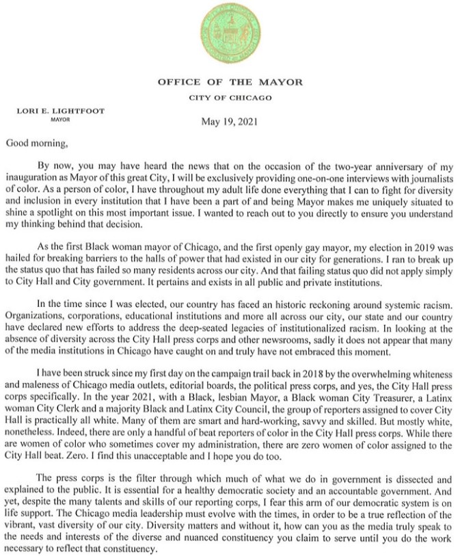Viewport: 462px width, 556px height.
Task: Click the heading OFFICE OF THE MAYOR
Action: coord(230,82)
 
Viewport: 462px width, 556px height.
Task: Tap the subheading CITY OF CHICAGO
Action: coord(230,98)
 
